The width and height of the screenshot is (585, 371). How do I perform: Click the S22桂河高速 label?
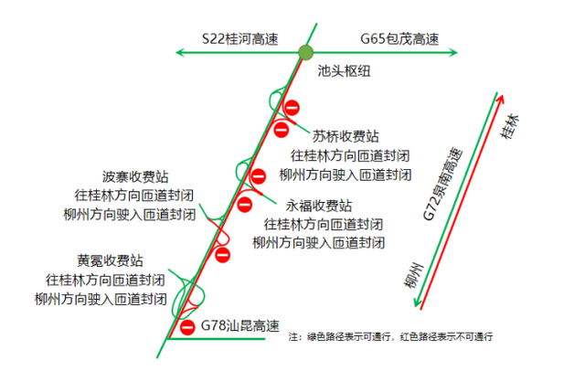point(239,38)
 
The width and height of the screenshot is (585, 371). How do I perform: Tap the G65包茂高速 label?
point(399,38)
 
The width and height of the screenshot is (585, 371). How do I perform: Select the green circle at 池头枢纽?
point(305,53)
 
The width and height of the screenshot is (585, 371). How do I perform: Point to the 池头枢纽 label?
point(344,71)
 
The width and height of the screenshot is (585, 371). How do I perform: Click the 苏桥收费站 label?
point(346,136)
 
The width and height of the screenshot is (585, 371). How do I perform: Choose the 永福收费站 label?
point(319,206)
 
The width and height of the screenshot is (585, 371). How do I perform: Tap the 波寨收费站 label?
point(135,176)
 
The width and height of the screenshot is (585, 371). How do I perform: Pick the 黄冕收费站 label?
point(110,260)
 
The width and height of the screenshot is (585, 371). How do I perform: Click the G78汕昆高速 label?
point(239,325)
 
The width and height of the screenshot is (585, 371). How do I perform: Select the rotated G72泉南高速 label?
point(442,184)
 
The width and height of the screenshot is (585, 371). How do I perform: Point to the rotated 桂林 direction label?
point(509,127)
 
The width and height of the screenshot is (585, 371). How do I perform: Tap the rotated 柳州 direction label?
point(414,275)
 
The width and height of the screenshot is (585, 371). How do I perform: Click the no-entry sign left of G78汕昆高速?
point(187,327)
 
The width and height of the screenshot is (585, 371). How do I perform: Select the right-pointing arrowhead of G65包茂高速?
point(453,53)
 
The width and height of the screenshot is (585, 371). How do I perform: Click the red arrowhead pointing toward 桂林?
point(502,100)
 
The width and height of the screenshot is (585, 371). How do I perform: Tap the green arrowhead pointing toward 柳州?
point(417,302)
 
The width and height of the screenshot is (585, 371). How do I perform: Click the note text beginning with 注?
point(390,336)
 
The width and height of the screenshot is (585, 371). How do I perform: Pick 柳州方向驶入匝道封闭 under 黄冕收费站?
point(101,299)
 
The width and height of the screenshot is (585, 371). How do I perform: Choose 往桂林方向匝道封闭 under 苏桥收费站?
point(350,155)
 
